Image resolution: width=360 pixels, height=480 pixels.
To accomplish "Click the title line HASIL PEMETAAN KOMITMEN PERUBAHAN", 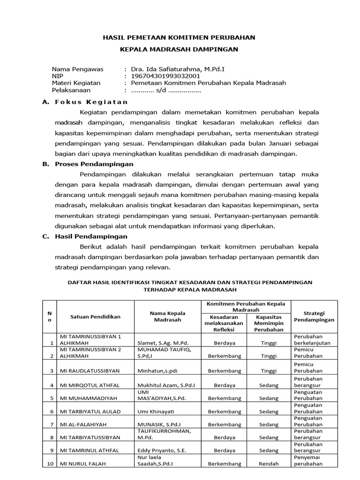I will (180, 37).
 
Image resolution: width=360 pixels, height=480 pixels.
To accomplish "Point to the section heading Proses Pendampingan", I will (93, 164).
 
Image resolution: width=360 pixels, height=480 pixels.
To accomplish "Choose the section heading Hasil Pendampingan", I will (91, 237).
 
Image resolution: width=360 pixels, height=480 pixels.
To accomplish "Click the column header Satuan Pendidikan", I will (95, 316).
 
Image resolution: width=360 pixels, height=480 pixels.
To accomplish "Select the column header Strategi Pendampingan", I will (314, 316).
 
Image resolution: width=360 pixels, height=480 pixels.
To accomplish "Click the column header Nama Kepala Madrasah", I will (167, 316).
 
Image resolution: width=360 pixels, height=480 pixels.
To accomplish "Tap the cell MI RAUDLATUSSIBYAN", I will (90, 371).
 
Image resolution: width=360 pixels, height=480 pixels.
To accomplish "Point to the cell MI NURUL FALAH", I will (81, 464).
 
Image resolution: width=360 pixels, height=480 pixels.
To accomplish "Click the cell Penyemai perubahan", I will (308, 460).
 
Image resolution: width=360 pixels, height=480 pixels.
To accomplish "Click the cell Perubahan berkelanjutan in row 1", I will (312, 339).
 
